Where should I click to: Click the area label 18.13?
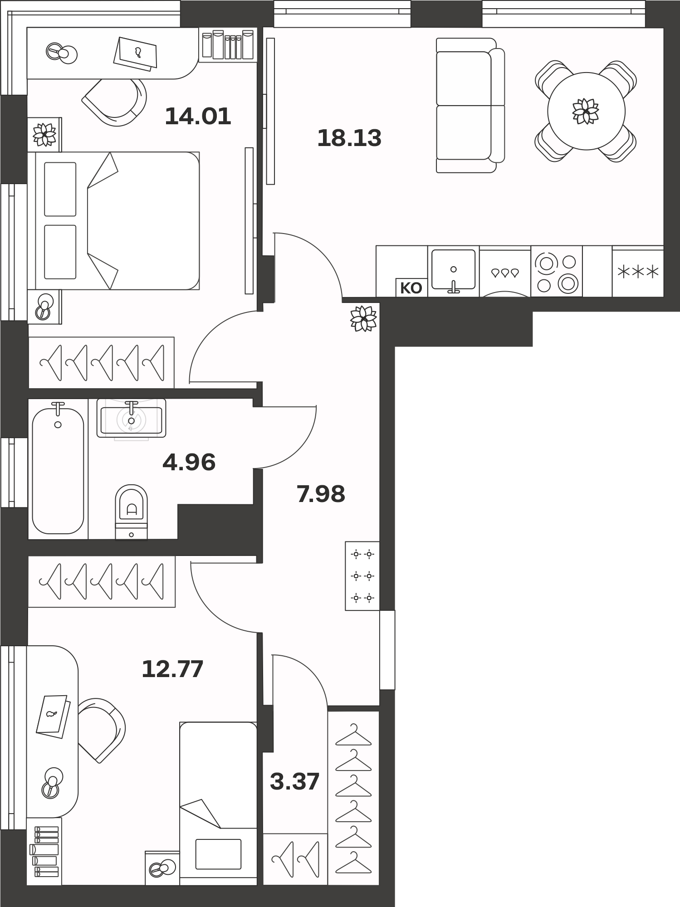[349, 138]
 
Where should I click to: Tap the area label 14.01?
[198, 116]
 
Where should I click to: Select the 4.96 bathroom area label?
[189, 462]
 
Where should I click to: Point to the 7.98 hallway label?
[321, 494]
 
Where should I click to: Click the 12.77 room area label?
[172, 669]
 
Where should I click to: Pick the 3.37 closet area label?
[295, 781]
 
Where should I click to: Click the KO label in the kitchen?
[411, 288]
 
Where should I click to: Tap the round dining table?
[586, 111]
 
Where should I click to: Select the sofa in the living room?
[470, 105]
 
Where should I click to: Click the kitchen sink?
[453, 270]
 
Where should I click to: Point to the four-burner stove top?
[557, 271]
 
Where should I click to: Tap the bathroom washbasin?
[131, 418]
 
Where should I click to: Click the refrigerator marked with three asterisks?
[638, 271]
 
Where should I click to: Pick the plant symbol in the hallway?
[363, 318]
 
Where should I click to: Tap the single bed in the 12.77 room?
[218, 803]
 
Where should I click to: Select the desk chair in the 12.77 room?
[101, 730]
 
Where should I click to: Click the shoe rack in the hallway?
[362, 576]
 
